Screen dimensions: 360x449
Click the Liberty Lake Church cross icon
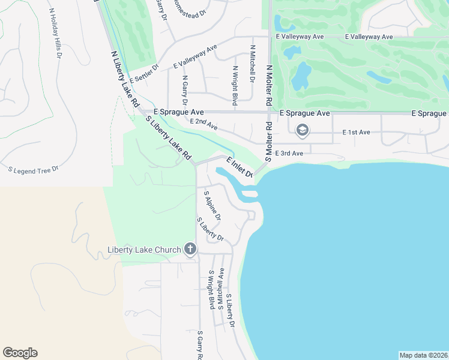click(x=190, y=250)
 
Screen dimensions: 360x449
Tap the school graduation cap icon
click(x=302, y=130)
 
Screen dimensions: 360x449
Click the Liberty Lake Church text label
click(x=144, y=250)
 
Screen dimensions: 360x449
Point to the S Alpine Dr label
click(x=213, y=206)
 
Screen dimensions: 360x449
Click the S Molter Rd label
click(x=269, y=142)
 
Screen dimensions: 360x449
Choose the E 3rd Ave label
click(x=289, y=154)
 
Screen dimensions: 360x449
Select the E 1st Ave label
click(x=357, y=132)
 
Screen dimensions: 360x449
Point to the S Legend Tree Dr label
click(x=33, y=169)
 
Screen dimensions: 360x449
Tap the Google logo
click(x=20, y=353)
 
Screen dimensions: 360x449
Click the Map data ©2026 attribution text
click(x=423, y=355)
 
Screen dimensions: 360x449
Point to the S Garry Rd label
click(x=200, y=346)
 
